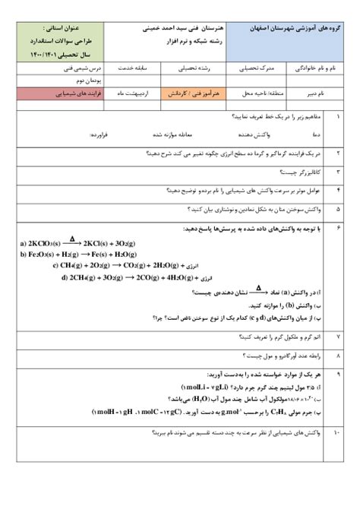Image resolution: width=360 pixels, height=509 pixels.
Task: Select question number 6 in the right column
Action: click(x=337, y=227)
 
